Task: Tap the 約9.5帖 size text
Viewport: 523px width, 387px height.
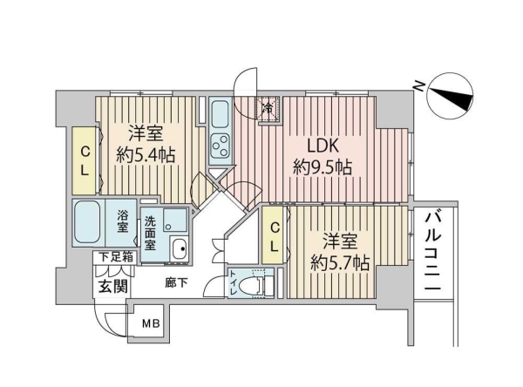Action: point(323,167)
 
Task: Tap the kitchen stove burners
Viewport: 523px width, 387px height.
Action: point(220,146)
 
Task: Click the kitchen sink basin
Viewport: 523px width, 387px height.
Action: point(220,114)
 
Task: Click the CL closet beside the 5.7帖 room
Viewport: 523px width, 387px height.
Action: point(275,236)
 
